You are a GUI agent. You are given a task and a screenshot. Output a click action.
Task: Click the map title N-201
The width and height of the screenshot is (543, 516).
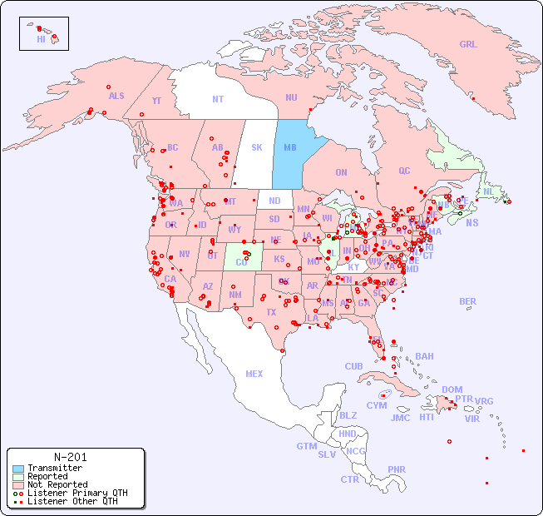[x=70, y=457]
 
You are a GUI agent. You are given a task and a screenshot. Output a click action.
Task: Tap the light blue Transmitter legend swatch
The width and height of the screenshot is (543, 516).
[x=17, y=469]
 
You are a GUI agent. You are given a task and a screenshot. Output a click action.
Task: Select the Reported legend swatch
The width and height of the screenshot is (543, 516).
[x=17, y=477]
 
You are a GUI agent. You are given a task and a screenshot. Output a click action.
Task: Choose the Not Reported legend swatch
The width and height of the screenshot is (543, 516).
[x=17, y=484]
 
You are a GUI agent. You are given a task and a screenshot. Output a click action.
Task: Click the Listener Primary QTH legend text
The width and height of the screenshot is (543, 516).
[x=77, y=493]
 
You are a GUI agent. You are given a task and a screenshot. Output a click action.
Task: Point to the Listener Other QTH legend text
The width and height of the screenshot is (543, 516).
[x=72, y=501]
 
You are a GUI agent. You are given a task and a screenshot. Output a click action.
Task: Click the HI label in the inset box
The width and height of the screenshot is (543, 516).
[x=41, y=39]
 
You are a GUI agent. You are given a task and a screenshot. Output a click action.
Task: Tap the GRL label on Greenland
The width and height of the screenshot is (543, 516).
[x=468, y=45]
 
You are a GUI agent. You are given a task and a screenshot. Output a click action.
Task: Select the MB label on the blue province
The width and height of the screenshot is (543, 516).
[x=290, y=148]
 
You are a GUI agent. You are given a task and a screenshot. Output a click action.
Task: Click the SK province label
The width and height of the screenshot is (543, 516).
[x=257, y=148]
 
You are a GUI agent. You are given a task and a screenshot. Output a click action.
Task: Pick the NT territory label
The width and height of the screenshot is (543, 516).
[x=218, y=99]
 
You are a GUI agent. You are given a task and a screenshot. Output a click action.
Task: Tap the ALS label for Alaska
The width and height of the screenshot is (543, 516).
[x=116, y=97]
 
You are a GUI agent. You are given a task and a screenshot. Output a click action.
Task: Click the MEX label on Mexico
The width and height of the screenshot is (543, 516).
[x=254, y=375]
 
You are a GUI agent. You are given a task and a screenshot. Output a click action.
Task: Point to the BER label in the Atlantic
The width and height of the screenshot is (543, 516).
[x=468, y=302]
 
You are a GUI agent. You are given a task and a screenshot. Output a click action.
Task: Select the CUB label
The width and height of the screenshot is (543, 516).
[x=354, y=367]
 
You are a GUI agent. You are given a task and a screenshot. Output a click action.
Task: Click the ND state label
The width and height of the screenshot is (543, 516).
[x=274, y=201]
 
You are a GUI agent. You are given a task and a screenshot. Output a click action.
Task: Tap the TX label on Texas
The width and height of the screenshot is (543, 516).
[x=270, y=313]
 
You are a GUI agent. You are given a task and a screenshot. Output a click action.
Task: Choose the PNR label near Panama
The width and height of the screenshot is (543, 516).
[x=397, y=470]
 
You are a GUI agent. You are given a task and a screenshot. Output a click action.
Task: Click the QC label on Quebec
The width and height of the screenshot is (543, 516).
[x=404, y=171]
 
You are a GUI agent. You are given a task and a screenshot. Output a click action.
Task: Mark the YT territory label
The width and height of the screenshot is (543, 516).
[x=156, y=102]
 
